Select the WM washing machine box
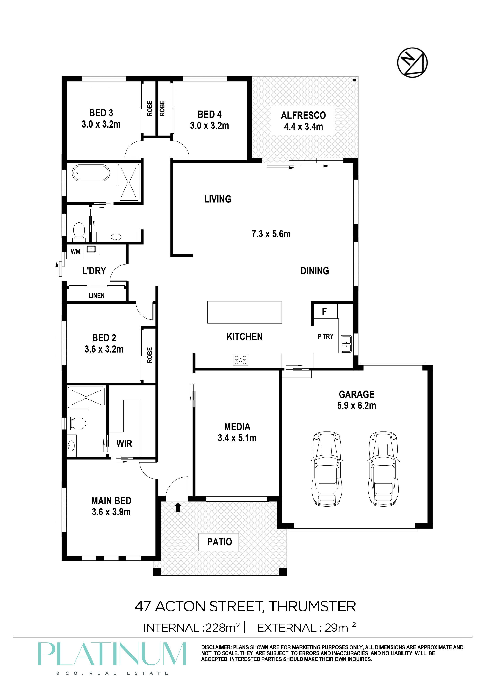(x=75, y=251)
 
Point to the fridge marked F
(x=324, y=311)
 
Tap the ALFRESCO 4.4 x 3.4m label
(x=303, y=120)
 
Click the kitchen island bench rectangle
(x=245, y=312)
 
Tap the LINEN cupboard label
(x=97, y=295)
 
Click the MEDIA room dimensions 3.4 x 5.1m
(x=237, y=438)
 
